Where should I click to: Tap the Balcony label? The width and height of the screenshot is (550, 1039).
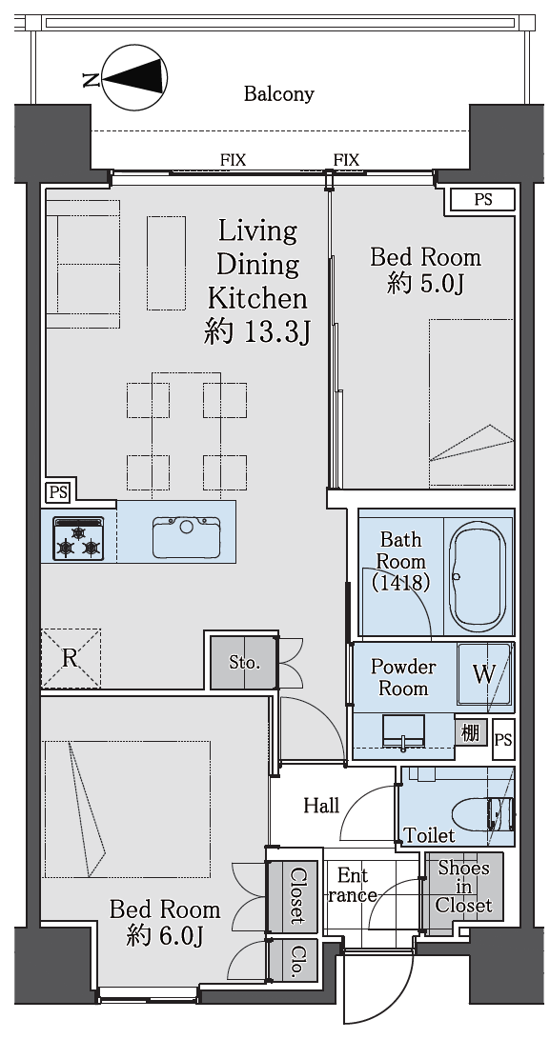(x=278, y=94)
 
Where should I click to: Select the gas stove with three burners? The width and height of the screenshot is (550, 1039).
(x=79, y=537)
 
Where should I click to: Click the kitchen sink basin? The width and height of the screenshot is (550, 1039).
(x=187, y=537)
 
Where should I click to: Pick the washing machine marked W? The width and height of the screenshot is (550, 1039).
(x=484, y=674)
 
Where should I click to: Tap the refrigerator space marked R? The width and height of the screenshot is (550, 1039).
(x=71, y=659)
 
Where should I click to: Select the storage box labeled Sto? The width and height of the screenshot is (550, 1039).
(x=243, y=663)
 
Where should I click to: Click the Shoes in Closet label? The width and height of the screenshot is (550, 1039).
(x=464, y=887)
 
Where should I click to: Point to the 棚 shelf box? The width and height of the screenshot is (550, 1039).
(x=470, y=733)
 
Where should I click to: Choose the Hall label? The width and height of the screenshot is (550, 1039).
(x=322, y=805)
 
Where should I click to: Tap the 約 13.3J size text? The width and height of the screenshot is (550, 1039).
(x=257, y=332)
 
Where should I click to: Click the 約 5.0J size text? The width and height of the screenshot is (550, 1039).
(x=424, y=284)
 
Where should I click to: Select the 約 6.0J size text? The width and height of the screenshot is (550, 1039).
(x=165, y=935)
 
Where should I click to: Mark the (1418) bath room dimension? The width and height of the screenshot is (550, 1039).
(x=401, y=582)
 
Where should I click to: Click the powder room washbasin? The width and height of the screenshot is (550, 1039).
(x=404, y=733)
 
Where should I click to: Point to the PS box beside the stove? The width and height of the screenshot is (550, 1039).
(x=58, y=492)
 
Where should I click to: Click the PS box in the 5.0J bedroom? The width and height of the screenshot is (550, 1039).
(x=483, y=199)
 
